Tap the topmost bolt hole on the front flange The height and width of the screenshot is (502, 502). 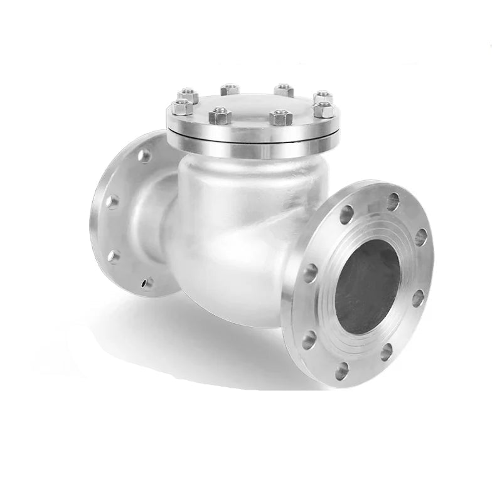pos(393,201)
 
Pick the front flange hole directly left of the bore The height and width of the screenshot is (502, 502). pos(310,273)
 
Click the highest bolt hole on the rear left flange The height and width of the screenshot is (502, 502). pos(144,155)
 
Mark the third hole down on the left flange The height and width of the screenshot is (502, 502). pos(114,255)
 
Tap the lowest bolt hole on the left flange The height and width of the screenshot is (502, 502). pos(147,283)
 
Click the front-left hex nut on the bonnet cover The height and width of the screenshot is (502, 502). pos(220,115)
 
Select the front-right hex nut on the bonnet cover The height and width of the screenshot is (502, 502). pos(280,117)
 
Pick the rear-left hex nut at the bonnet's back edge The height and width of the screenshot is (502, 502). pos(230,88)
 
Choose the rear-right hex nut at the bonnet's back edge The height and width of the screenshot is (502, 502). pos(284,90)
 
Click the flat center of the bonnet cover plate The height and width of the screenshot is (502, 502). pos(251,104)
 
